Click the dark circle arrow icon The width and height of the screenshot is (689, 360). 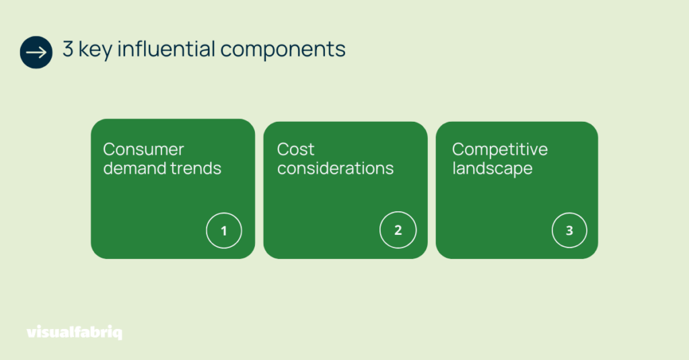(x=36, y=52)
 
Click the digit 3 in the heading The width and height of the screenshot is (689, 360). (x=68, y=49)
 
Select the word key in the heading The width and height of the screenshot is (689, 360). (x=96, y=50)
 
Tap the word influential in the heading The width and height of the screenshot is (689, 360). (x=166, y=48)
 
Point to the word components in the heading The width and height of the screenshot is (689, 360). (x=283, y=50)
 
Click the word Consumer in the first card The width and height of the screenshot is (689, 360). (x=144, y=149)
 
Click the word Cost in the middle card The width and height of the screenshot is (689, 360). (x=296, y=149)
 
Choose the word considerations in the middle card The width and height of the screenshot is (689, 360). (x=335, y=168)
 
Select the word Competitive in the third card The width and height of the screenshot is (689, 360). (x=500, y=150)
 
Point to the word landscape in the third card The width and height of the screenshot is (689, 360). (x=492, y=169)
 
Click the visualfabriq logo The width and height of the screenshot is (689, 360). (x=75, y=332)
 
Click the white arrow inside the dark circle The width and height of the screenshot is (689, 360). (x=36, y=52)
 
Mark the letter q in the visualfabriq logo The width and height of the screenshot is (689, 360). (x=117, y=334)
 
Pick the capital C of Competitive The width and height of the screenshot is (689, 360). (x=459, y=149)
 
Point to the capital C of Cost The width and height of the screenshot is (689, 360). (x=284, y=149)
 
